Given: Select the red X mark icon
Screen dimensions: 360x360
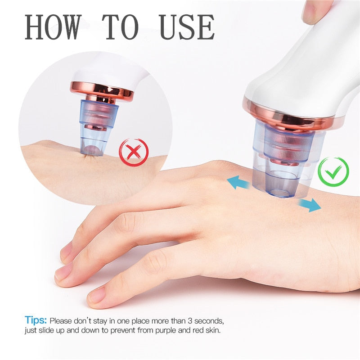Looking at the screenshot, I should click(x=133, y=153).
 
